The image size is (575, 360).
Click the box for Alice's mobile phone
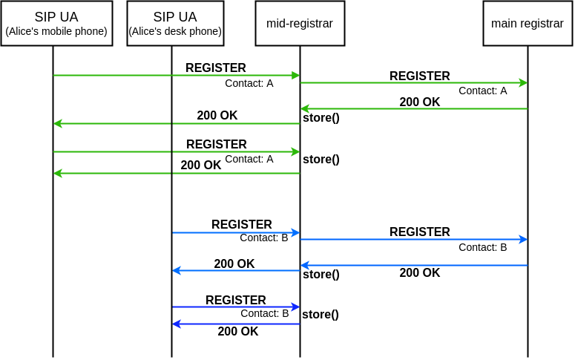[x=56, y=23]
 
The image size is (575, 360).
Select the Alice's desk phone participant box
[x=175, y=23]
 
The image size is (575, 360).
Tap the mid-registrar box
[x=300, y=23]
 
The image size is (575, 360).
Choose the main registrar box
[x=528, y=23]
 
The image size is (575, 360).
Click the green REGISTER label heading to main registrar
[x=419, y=76]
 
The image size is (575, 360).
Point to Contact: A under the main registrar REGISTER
[x=482, y=91]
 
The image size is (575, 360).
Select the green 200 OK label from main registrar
[x=419, y=102]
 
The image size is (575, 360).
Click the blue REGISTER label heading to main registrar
[x=419, y=232]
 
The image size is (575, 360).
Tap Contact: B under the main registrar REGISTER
[x=482, y=247]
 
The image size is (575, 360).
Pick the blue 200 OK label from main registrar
[x=419, y=272]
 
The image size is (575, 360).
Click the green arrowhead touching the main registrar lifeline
[x=524, y=83]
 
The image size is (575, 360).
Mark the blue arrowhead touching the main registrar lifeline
[x=524, y=240]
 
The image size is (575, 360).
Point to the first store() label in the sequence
[x=321, y=118]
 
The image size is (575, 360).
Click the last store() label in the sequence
[x=321, y=315]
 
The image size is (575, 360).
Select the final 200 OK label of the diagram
[x=238, y=331]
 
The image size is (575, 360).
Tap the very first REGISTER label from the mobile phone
[x=216, y=68]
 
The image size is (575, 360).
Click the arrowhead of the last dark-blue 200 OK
[x=177, y=324]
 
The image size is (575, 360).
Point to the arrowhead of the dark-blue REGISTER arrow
[x=295, y=307]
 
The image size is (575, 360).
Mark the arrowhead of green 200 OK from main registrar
[x=305, y=108]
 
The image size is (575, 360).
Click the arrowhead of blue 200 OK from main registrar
[x=305, y=265]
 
